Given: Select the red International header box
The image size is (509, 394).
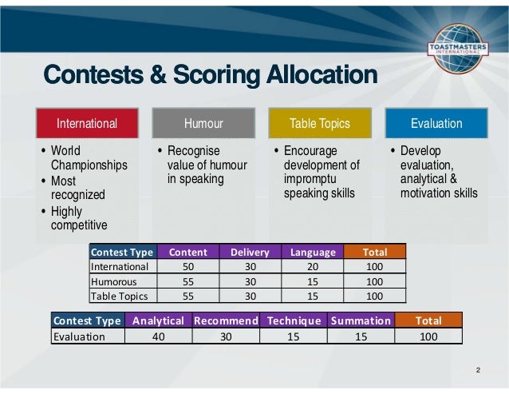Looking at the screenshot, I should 86,123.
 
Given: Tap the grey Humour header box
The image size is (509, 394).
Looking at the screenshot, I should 203,123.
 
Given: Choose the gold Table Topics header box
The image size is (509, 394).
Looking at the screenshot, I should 319,123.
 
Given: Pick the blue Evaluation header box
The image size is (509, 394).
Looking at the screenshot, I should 436,123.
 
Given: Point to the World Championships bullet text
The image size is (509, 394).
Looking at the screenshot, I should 89,158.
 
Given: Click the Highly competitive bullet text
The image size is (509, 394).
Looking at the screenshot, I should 77,218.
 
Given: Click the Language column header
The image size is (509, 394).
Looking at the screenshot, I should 313,252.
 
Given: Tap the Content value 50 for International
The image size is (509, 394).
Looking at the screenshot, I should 188,266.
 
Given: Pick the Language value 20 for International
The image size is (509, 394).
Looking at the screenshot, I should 313,266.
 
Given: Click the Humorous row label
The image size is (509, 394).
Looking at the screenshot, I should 114,281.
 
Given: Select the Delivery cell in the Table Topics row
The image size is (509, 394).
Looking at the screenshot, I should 250,296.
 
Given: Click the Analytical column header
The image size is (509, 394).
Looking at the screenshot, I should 158,320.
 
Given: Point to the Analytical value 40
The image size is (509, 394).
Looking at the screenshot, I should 158,336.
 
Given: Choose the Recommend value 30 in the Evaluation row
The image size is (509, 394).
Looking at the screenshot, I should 226,336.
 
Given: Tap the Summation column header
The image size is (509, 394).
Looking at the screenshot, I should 361,320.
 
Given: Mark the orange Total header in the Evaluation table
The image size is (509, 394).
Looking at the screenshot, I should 428,320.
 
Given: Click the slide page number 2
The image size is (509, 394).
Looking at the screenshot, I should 477,370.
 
